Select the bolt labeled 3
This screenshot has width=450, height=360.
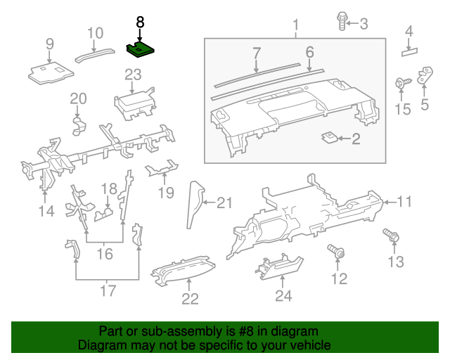(341, 23)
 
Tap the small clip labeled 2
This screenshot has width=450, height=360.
(329, 137)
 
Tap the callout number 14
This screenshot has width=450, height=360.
(46, 210)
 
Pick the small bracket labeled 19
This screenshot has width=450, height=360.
(162, 169)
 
